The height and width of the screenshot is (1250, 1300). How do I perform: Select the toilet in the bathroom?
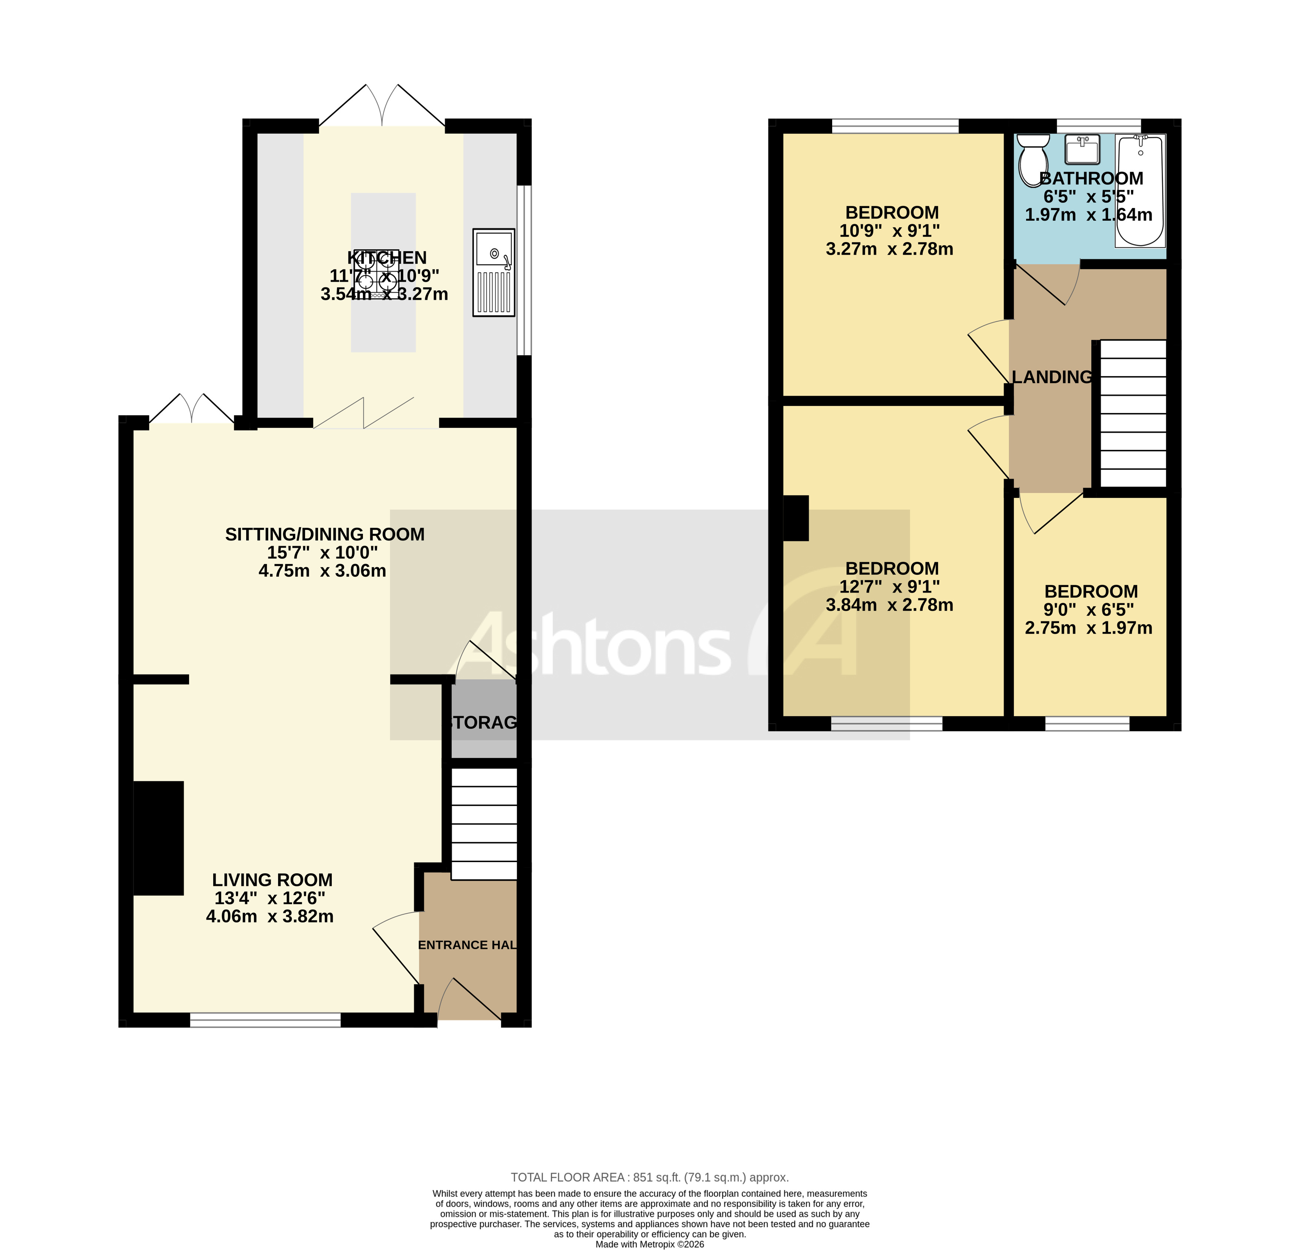click(x=1033, y=159)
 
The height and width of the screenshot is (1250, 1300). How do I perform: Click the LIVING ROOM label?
click(x=272, y=880)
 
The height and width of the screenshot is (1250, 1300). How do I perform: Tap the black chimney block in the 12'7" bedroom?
click(x=796, y=518)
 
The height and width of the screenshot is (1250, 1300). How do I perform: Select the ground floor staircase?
click(x=484, y=823)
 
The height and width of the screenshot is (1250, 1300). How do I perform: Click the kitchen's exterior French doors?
click(x=382, y=106)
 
